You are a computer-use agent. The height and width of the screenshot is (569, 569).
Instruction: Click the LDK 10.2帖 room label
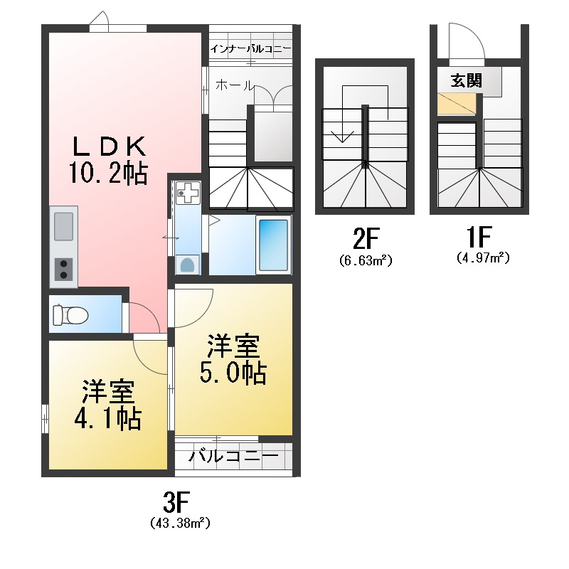[x=108, y=159]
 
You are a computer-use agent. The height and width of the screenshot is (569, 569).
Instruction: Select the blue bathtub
[x=272, y=244]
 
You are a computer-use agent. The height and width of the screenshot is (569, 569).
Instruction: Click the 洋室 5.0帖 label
[x=233, y=360]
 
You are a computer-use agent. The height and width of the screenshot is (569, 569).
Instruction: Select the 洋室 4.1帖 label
[x=107, y=405]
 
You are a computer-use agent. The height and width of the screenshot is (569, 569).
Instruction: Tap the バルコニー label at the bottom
[x=233, y=456]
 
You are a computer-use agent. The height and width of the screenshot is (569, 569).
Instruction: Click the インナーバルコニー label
[x=250, y=49]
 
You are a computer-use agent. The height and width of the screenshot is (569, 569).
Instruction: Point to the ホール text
[x=233, y=85]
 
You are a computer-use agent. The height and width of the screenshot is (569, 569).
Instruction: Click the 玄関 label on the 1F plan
[x=466, y=80]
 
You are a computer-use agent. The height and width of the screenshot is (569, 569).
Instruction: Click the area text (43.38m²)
[x=179, y=524]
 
